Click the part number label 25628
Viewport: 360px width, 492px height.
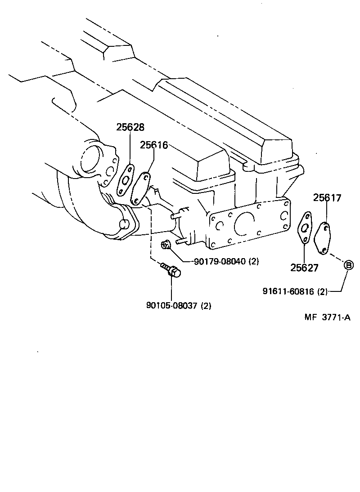(130, 127)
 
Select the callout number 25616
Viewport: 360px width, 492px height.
(154, 145)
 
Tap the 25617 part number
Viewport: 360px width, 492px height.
(327, 197)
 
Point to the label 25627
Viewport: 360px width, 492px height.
(304, 268)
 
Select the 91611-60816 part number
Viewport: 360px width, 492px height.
(289, 291)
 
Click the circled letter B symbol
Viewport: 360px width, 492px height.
(349, 265)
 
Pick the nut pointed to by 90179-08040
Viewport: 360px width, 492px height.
(166, 244)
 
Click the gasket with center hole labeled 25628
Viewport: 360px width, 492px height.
(126, 181)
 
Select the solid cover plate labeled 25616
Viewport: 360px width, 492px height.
(140, 188)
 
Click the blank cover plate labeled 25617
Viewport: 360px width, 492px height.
(323, 237)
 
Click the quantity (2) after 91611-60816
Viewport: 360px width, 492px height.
(322, 291)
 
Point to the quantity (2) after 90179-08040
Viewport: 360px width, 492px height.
(253, 261)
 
